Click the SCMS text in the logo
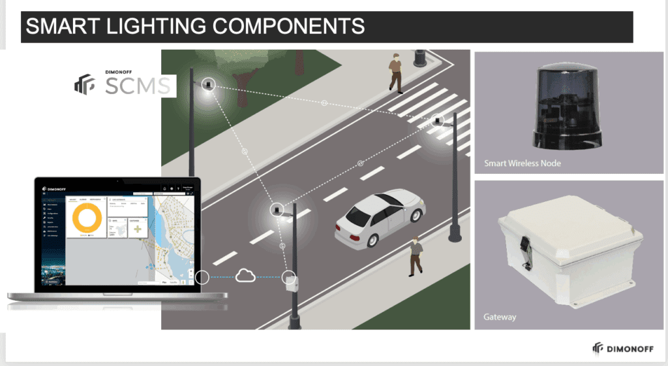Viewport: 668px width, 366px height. click(x=138, y=86)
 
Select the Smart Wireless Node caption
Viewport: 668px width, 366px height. click(x=522, y=163)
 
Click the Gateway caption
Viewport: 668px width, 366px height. click(x=500, y=317)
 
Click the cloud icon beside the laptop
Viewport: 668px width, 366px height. click(x=245, y=276)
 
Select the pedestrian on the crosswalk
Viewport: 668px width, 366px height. click(x=396, y=73)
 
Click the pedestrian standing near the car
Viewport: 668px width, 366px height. click(x=415, y=256)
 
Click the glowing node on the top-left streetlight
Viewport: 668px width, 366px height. click(x=208, y=84)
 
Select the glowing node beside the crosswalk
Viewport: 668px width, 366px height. click(x=438, y=120)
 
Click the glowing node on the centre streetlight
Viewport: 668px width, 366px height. click(x=277, y=210)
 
